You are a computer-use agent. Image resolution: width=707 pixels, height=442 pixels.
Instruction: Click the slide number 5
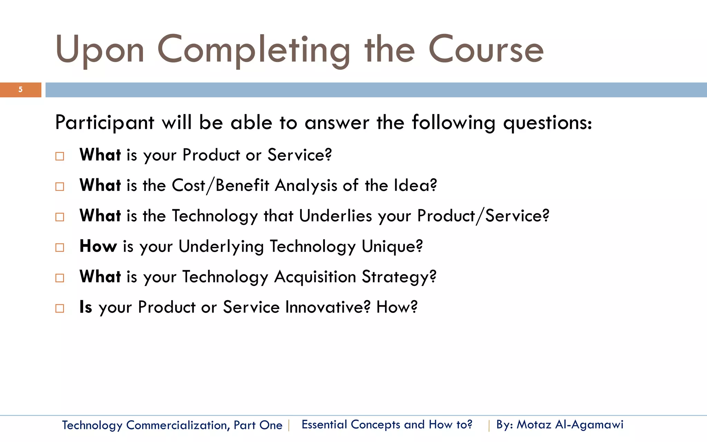pyautogui.click(x=20, y=90)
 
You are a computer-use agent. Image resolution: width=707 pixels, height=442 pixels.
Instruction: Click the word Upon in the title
pyautogui.click(x=99, y=50)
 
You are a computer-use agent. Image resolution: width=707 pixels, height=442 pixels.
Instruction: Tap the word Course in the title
pyautogui.click(x=486, y=50)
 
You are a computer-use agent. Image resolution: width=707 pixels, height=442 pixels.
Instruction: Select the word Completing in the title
pyautogui.click(x=254, y=51)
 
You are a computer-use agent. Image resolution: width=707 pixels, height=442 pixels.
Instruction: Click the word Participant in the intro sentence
pyautogui.click(x=105, y=123)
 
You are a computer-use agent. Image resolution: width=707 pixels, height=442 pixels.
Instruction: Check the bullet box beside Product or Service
pyautogui.click(x=60, y=156)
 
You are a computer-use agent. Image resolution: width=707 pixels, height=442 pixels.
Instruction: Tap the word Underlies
pyautogui.click(x=336, y=216)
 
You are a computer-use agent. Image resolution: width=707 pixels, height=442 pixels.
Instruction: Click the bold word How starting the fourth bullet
pyautogui.click(x=98, y=246)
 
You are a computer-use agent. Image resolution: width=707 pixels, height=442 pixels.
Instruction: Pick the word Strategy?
pyautogui.click(x=399, y=277)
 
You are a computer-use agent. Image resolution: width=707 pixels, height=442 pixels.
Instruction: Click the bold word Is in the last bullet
pyautogui.click(x=86, y=307)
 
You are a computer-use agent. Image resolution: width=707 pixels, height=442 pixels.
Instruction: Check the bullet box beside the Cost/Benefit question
pyautogui.click(x=60, y=187)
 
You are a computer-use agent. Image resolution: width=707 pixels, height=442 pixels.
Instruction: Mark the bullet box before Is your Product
pyautogui.click(x=60, y=308)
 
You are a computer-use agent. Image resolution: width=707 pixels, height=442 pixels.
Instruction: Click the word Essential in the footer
pyautogui.click(x=324, y=424)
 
